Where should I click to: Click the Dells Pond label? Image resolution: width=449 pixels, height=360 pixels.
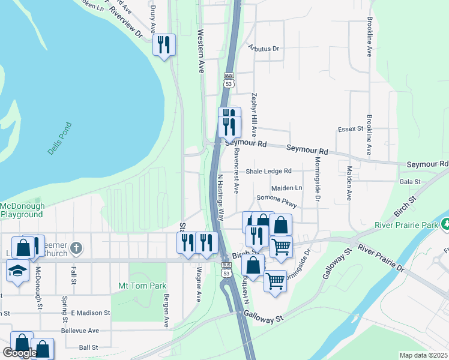tap(59, 139)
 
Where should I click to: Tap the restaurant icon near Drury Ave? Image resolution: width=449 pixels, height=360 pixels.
tap(163, 45)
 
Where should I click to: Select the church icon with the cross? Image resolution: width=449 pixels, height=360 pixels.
tap(76, 247)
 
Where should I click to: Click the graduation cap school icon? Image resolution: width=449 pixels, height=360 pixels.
tap(18, 270)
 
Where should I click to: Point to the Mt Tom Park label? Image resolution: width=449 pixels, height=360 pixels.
tap(142, 286)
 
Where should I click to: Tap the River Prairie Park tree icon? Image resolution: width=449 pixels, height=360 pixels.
tap(445, 224)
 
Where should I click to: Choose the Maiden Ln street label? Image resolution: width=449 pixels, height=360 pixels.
tap(286, 188)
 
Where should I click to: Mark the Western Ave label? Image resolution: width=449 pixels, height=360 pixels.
tap(200, 51)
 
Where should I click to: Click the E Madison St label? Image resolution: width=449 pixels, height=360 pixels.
tap(90, 313)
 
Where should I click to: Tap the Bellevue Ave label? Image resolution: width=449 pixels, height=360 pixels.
tap(80, 331)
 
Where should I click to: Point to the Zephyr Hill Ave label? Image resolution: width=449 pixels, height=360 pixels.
tap(255, 114)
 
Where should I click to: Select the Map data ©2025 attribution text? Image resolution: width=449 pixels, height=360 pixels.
tap(423, 355)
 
